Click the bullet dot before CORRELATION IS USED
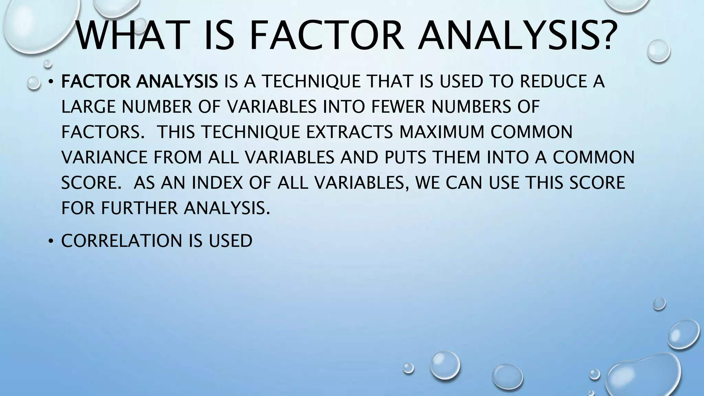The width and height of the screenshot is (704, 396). coord(51,242)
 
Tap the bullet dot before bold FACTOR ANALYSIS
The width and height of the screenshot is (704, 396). coord(51,82)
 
